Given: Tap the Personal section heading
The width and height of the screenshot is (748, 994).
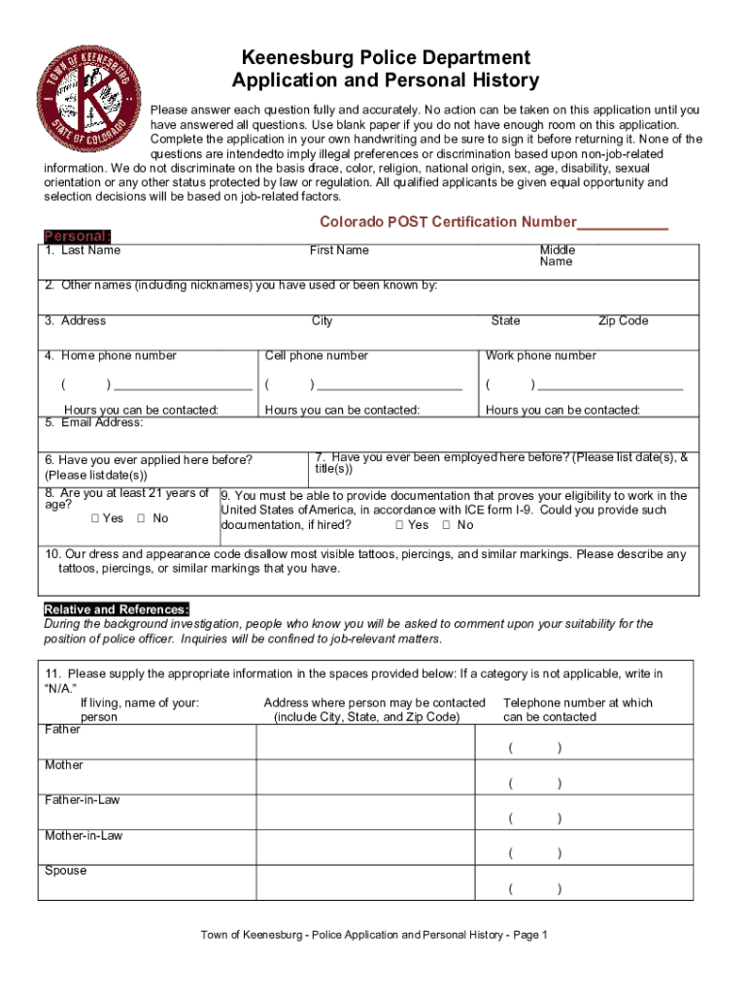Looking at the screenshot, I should (78, 237).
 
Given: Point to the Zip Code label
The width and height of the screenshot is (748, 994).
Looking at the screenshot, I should (623, 321).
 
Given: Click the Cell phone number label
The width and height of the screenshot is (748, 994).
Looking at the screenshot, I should (317, 356).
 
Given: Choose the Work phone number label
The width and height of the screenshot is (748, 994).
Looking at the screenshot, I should (541, 356).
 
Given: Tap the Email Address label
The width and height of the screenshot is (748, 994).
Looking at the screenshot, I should (101, 422).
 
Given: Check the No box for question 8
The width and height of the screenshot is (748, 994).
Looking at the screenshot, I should (142, 518).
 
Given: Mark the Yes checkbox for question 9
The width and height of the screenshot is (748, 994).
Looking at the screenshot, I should (400, 525).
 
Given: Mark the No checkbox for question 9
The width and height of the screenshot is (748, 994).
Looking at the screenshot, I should (447, 525).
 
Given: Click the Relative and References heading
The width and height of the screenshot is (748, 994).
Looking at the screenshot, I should (117, 610).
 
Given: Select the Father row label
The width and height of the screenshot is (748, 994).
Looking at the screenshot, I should (63, 729).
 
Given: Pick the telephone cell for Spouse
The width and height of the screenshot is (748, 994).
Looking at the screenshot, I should (583, 881).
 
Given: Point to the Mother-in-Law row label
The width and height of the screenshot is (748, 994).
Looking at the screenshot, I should (84, 836).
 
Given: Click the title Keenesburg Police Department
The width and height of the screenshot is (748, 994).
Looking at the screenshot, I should (386, 58).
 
